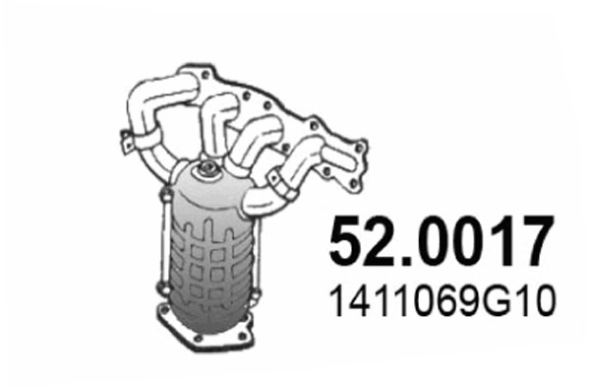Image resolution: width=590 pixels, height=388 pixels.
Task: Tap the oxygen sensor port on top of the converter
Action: click(207, 174)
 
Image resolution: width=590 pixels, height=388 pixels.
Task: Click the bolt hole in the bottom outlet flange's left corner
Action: click(164, 317)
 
